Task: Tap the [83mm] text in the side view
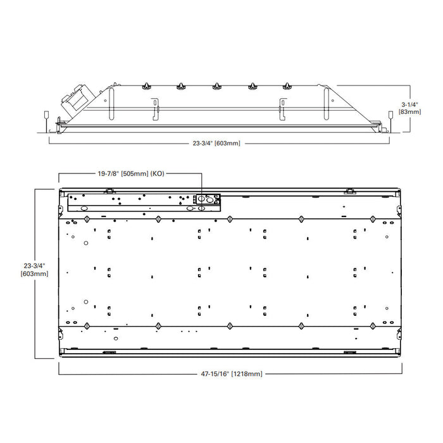pyautogui.click(x=409, y=111)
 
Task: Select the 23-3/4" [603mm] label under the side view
pyautogui.click(x=216, y=143)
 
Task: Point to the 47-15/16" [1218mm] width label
pyautogui.click(x=228, y=374)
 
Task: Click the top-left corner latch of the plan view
pyautogui.click(x=109, y=190)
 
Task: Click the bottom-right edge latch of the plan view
pyautogui.click(x=348, y=352)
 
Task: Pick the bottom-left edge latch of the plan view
pyautogui.click(x=109, y=352)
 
